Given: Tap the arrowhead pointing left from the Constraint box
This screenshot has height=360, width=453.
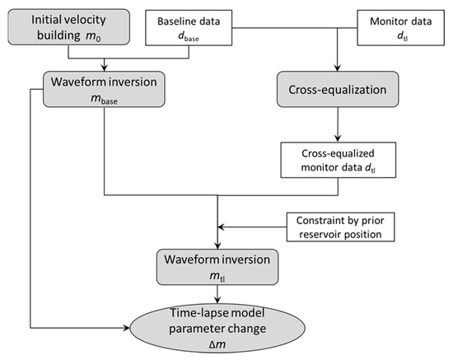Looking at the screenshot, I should pos(223,227).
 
